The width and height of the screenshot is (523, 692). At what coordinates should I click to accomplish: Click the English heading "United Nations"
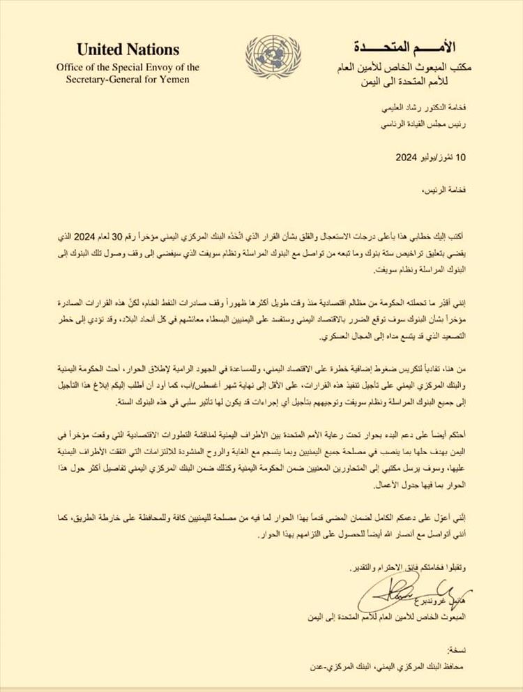coord(128,50)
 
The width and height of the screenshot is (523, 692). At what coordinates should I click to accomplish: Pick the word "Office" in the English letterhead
coord(73,67)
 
